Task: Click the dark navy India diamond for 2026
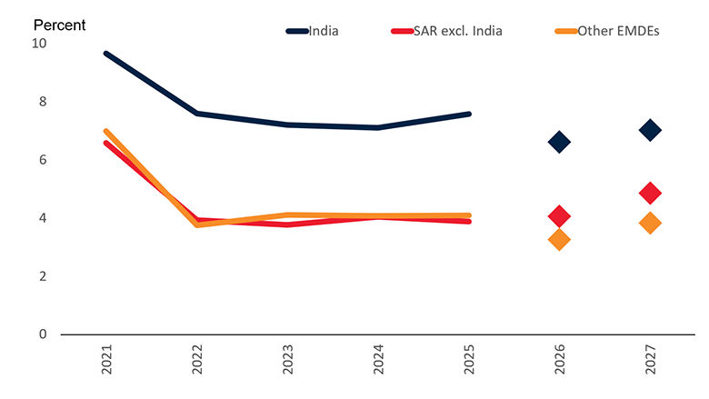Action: [559, 142]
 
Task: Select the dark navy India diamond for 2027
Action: [650, 130]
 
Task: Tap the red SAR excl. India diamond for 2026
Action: [559, 216]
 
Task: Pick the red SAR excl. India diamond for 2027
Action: [650, 193]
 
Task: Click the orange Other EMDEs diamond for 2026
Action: [559, 240]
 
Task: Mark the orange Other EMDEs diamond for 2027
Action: [650, 223]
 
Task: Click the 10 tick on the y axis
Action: [39, 44]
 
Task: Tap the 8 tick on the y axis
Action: [43, 102]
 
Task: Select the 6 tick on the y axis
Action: [43, 160]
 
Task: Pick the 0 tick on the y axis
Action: [43, 334]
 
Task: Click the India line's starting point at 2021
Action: [105, 54]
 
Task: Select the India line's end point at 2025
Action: [469, 114]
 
